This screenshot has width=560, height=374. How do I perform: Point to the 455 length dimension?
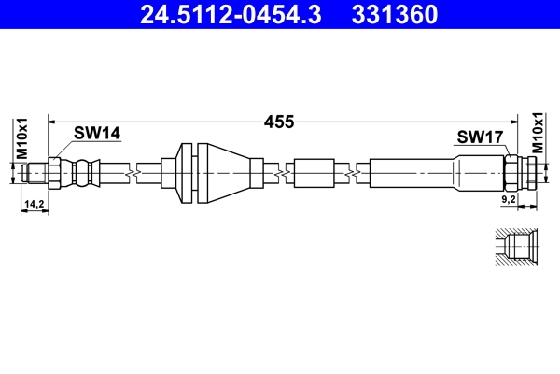click(279, 121)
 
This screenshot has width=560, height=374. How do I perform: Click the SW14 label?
click(97, 135)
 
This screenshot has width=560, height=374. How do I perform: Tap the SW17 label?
click(480, 137)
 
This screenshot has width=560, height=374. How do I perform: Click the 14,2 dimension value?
click(35, 203)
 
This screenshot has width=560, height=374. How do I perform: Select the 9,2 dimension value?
click(510, 200)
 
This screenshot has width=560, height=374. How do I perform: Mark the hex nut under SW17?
click(512, 173)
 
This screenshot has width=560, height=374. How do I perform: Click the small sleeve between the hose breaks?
click(312, 173)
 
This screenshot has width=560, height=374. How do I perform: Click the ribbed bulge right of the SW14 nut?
click(85, 173)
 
